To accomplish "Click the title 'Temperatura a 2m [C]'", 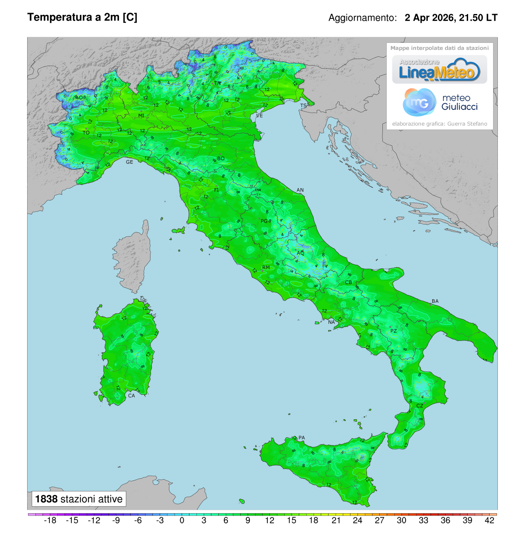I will click(x=82, y=17).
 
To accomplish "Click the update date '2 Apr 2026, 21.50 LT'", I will click(x=451, y=18).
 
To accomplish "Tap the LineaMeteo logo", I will click(x=439, y=70).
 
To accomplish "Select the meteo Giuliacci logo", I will click(x=439, y=102).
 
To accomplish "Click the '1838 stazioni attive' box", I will click(x=79, y=499).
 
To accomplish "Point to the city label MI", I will click(x=141, y=116).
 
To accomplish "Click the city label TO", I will click(x=86, y=133).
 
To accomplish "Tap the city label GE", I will click(x=129, y=162).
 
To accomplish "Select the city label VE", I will click(x=259, y=116).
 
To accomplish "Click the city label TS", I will click(x=303, y=106).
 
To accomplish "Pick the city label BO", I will click(x=221, y=158).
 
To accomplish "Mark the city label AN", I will click(x=300, y=190).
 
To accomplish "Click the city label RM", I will click(x=266, y=267).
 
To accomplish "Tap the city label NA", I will click(x=332, y=322).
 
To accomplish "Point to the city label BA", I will click(x=435, y=301).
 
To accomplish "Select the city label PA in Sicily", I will click(x=301, y=438).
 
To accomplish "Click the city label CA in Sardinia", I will click(x=131, y=396).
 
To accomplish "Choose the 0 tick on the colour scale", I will click(x=182, y=520).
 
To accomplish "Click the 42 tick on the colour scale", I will click(x=490, y=520).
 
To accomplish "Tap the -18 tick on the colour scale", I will click(x=50, y=520).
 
